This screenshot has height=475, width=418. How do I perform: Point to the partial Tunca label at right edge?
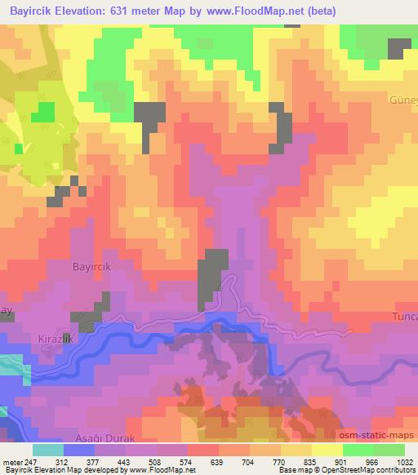pyautogui.click(x=406, y=316)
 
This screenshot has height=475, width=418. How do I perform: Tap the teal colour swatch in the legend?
pyautogui.click(x=48, y=450)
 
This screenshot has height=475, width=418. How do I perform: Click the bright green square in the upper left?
pyautogui.click(x=42, y=112)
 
